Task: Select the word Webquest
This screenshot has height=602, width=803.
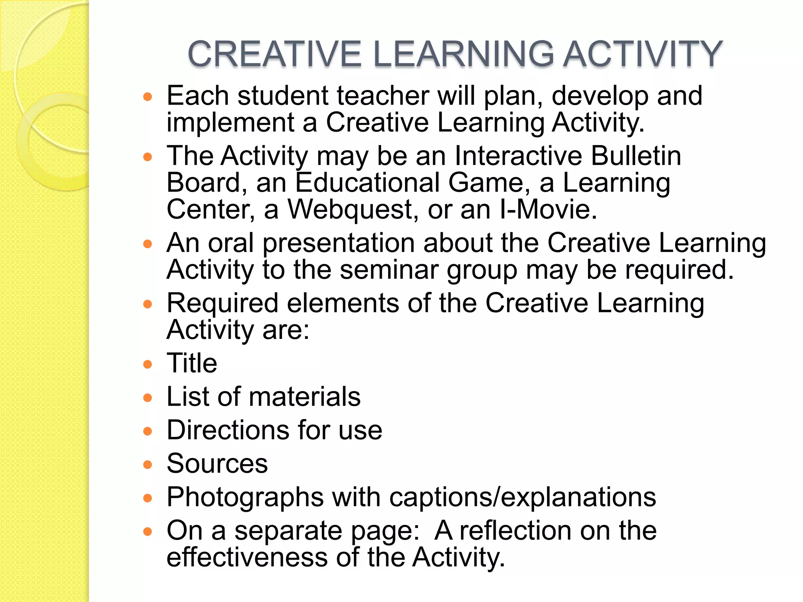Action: tap(351, 210)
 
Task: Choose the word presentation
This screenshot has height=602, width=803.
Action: tap(338, 243)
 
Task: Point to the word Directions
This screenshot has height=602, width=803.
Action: tap(228, 430)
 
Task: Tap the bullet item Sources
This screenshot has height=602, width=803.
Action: tap(217, 464)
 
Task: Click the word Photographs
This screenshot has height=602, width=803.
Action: tap(245, 497)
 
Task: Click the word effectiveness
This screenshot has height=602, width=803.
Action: tap(247, 557)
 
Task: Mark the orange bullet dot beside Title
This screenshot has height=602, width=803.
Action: tap(147, 365)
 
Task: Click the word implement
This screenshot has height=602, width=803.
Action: tap(230, 123)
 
